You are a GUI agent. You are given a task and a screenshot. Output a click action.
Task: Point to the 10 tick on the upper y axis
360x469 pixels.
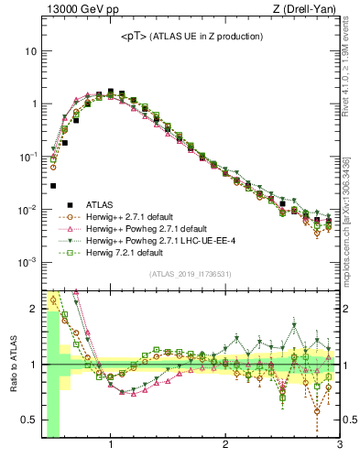(x=30, y=51)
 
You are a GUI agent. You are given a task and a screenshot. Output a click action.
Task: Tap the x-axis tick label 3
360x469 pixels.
(x=339, y=446)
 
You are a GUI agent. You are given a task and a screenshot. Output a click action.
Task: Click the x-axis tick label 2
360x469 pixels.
(x=225, y=446)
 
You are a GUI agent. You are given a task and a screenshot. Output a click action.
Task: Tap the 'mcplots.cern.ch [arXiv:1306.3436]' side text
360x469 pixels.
(x=354, y=211)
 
